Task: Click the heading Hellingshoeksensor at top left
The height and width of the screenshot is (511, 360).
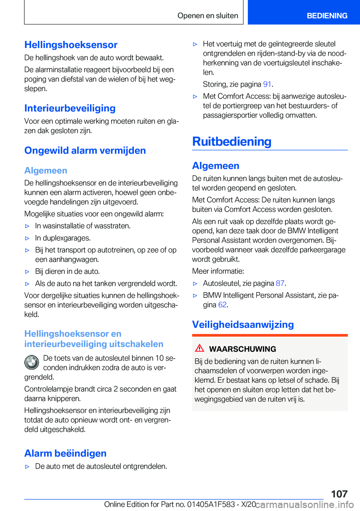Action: [x=71, y=45]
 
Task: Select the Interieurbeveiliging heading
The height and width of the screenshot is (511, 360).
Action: [x=70, y=108]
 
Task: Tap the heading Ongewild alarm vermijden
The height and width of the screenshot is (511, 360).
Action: [x=85, y=150]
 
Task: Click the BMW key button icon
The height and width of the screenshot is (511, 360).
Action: [x=32, y=362]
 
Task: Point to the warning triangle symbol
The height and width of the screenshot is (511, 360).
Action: [x=199, y=348]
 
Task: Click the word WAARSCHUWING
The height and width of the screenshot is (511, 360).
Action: [x=242, y=349]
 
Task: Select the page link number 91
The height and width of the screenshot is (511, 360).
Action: [x=267, y=84]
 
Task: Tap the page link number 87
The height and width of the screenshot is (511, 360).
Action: [x=280, y=283]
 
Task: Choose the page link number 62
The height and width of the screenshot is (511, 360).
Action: [x=222, y=305]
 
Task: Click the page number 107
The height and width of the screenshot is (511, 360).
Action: [x=339, y=494]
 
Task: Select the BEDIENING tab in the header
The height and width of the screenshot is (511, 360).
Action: [x=327, y=16]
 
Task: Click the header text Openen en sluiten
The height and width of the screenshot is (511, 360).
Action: [x=208, y=16]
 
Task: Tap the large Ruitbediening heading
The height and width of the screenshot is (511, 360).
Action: [x=232, y=141]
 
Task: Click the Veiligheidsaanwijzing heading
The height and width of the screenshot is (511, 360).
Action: [x=243, y=325]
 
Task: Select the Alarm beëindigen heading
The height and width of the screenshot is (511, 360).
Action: [x=65, y=453]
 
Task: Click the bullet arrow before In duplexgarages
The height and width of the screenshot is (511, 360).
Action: [x=27, y=238]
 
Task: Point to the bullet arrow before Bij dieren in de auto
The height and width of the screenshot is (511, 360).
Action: [x=27, y=272]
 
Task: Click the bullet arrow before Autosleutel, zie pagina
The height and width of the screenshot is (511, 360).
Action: [x=195, y=284]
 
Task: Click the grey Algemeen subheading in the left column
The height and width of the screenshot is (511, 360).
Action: [x=46, y=170]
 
